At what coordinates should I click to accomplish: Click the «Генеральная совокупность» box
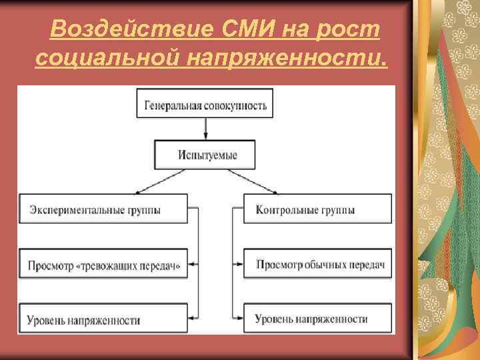[205, 104]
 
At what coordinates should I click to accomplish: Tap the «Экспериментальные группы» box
[104, 209]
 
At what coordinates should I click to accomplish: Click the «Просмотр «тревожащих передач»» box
[104, 265]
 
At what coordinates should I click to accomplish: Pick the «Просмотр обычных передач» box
[317, 265]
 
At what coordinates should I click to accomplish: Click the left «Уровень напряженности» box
[104, 319]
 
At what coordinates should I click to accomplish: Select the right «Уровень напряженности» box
[317, 319]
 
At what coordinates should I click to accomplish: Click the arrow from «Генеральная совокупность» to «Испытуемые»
[205, 129]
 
